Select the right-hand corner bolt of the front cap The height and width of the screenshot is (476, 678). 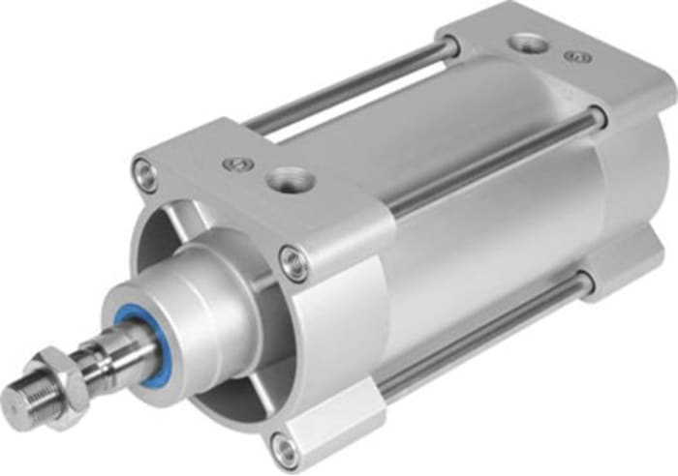[292, 259]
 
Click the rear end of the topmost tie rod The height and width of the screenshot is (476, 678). [447, 46]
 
